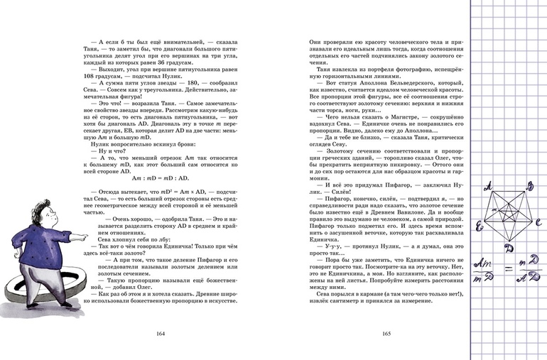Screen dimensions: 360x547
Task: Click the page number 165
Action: [x=388, y=334]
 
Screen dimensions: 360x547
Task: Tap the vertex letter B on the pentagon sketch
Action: [x=530, y=187]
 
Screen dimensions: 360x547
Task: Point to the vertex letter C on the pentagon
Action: [x=538, y=222]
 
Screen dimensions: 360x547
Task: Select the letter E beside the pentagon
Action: [x=480, y=227]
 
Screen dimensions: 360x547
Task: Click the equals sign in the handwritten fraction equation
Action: [x=507, y=269]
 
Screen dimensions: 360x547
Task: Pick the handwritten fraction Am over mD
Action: [x=487, y=270]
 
